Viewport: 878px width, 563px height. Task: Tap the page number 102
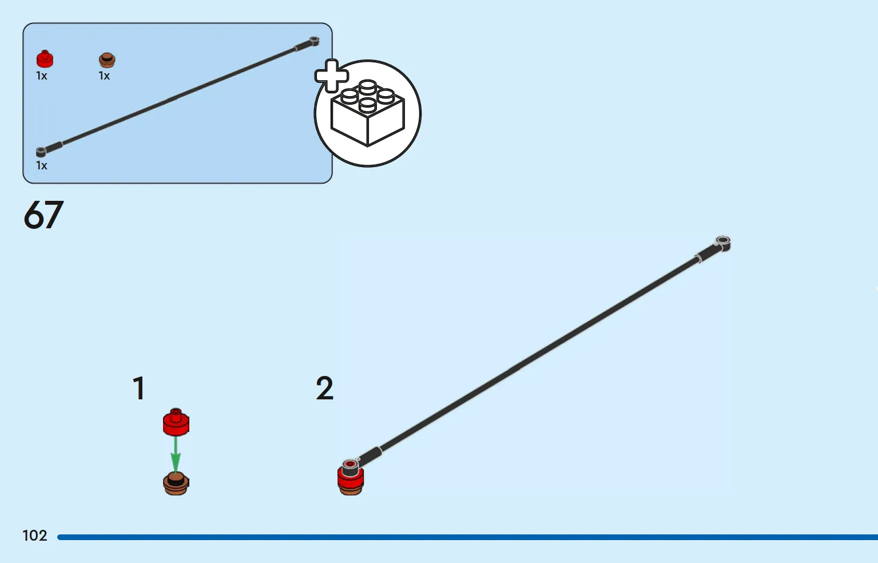tap(35, 536)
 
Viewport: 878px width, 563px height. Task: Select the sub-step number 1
tap(139, 388)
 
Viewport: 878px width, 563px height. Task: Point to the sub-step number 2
tap(324, 388)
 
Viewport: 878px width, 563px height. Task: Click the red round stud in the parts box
tap(45, 59)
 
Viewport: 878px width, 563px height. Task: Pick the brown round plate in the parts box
tap(107, 60)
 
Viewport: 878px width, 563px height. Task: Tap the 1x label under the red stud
tap(42, 76)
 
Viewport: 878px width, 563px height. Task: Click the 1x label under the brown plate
tap(104, 76)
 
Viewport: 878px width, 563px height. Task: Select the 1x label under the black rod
tap(42, 165)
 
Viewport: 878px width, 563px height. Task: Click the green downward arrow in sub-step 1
tap(176, 455)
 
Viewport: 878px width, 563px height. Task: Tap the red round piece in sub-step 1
tap(176, 422)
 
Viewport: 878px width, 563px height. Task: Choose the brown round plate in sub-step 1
tap(176, 484)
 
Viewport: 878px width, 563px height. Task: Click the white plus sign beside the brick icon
tap(332, 76)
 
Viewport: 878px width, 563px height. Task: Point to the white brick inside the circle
tap(367, 114)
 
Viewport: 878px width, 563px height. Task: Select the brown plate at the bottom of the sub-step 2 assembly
tap(351, 490)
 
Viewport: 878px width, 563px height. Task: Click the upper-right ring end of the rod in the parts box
tap(315, 40)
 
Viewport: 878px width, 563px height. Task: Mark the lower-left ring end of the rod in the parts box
tap(41, 152)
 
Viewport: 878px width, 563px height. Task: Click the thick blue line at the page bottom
tap(468, 537)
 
